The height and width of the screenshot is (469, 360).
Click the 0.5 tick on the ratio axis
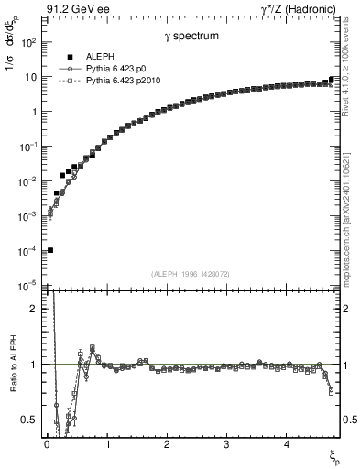[28, 419]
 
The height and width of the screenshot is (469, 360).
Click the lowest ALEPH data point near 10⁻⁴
[50, 250]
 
